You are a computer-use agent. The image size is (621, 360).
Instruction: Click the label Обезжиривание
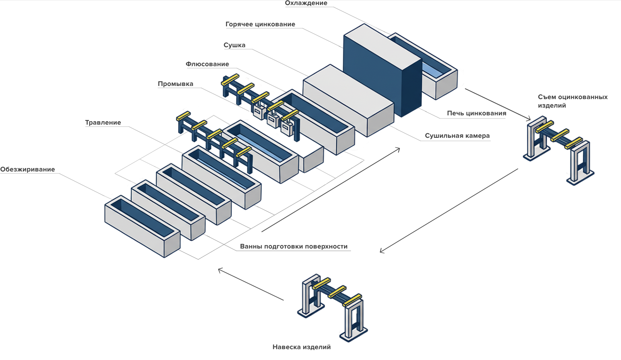(x=27, y=169)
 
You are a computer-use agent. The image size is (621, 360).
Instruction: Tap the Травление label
(x=103, y=123)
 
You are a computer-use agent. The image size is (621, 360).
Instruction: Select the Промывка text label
(x=176, y=84)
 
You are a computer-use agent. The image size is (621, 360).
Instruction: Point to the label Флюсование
(x=207, y=64)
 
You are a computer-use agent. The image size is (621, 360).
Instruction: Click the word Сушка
(x=234, y=45)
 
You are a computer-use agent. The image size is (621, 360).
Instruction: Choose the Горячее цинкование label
(x=260, y=24)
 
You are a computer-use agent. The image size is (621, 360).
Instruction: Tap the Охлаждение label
(x=306, y=3)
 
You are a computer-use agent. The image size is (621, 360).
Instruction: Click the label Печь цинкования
(x=477, y=113)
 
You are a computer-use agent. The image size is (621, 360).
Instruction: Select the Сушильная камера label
(x=457, y=135)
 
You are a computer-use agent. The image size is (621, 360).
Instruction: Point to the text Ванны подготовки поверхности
(x=294, y=246)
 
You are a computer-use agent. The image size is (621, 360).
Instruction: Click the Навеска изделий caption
(x=302, y=347)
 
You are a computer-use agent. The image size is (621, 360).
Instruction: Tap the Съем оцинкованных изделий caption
(x=573, y=101)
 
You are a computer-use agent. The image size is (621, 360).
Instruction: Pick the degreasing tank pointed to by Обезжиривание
(x=142, y=226)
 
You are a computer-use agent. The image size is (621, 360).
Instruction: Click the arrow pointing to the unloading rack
(x=498, y=105)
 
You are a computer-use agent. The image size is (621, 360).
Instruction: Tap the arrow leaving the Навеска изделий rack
(x=251, y=284)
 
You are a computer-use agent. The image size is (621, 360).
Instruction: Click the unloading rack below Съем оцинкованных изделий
(x=559, y=150)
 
